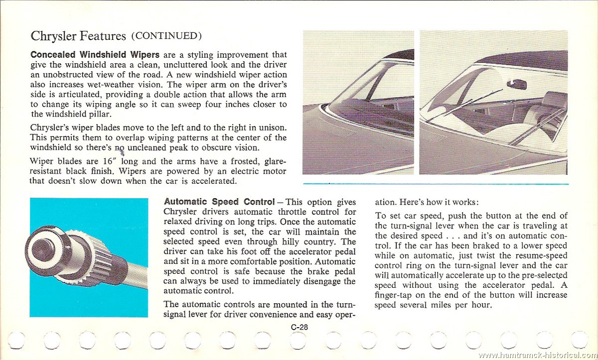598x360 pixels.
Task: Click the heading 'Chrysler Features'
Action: pyautogui.click(x=78, y=36)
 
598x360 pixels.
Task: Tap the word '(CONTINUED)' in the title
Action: pyautogui.click(x=166, y=36)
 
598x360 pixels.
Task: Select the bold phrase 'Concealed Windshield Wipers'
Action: pyautogui.click(x=95, y=55)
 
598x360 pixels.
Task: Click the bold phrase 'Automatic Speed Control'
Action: pyautogui.click(x=219, y=202)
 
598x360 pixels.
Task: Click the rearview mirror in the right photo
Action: pyautogui.click(x=516, y=84)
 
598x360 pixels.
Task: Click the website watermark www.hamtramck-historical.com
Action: pyautogui.click(x=537, y=355)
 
